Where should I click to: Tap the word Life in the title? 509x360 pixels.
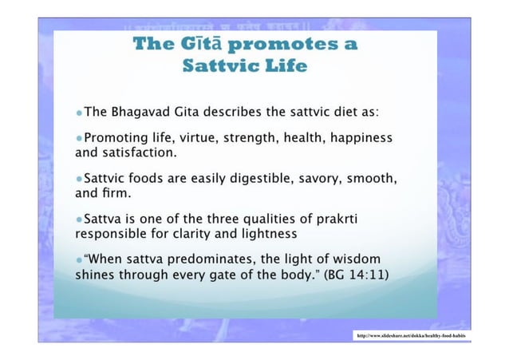point(284,65)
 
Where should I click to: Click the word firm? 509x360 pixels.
point(115,192)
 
